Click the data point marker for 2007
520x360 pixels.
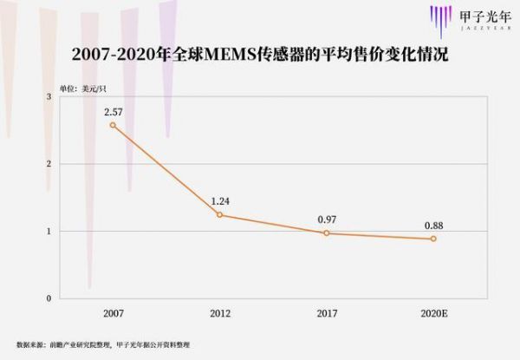coord(113,125)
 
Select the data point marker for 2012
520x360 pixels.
coord(219,214)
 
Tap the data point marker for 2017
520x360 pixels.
coord(327,232)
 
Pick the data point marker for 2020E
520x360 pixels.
coord(433,239)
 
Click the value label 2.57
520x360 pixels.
coord(113,112)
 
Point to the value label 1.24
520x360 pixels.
coord(219,201)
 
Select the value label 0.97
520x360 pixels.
coord(327,219)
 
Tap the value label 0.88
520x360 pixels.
coord(433,226)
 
